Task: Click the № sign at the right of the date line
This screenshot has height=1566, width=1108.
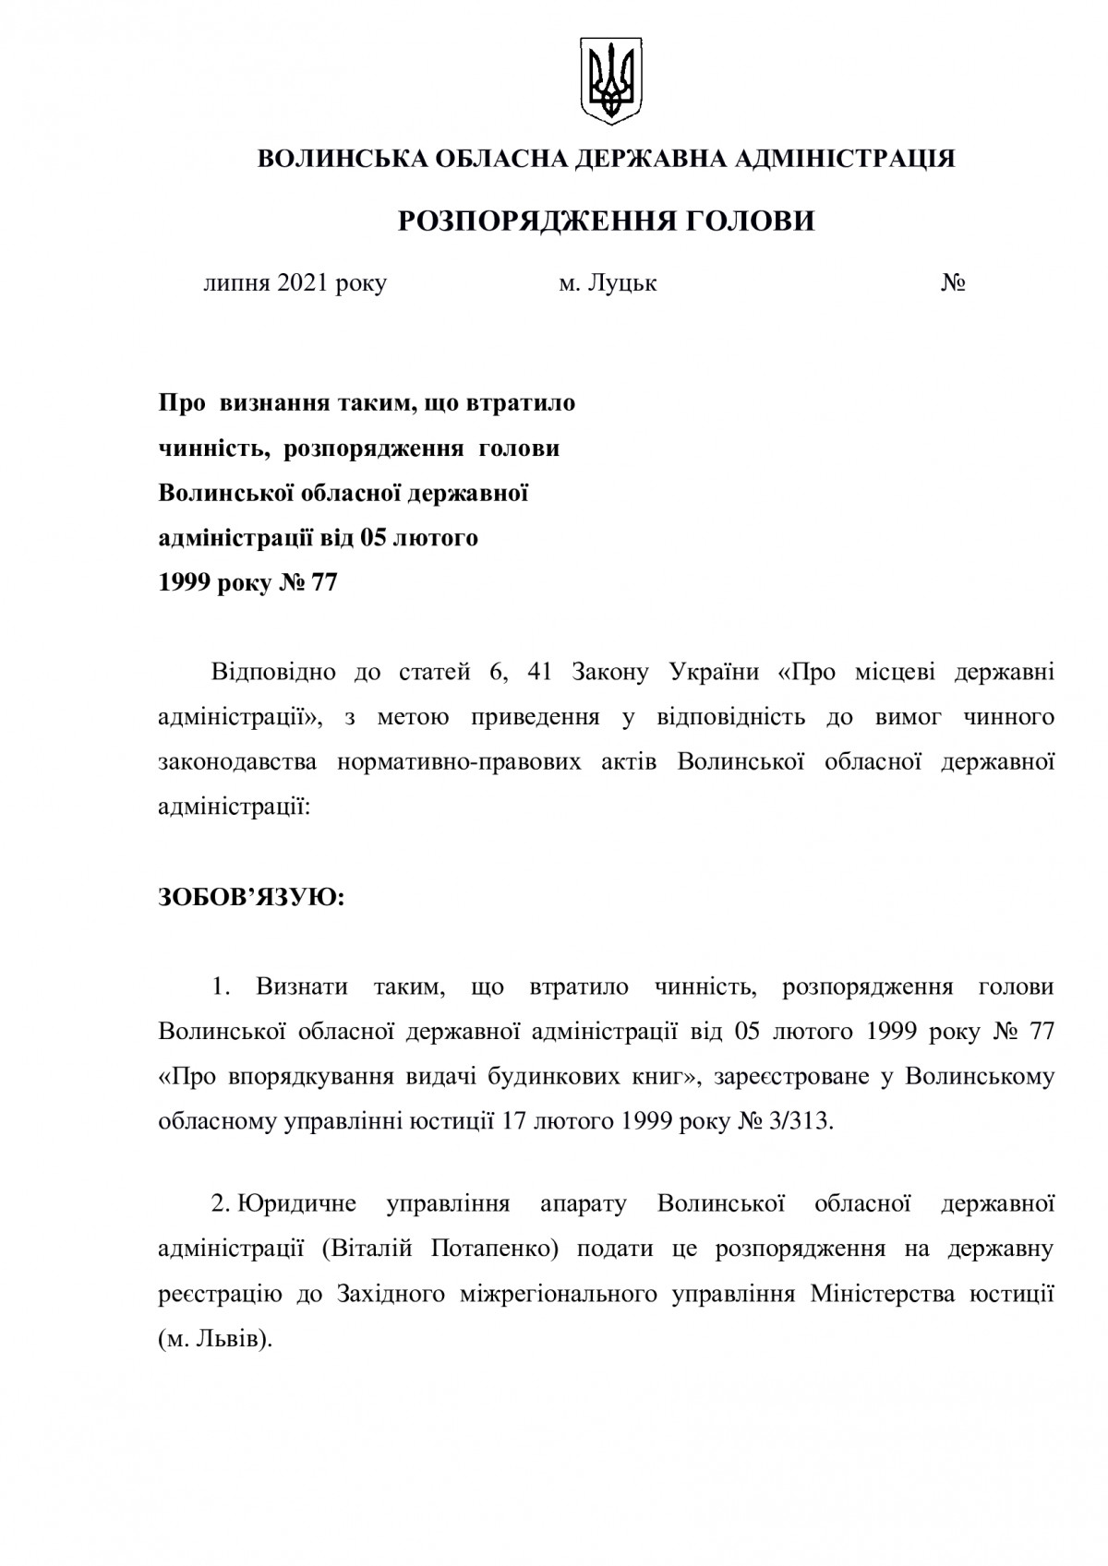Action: [953, 283]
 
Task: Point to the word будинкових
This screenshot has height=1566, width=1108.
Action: [540, 1077]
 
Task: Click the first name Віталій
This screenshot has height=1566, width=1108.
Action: [380, 1249]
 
